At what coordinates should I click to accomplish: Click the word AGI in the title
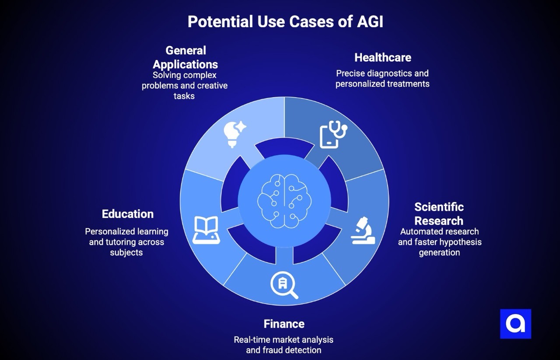point(369,21)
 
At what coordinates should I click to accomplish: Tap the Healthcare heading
point(382,57)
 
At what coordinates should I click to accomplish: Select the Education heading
point(128,214)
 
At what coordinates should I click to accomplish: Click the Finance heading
point(284,324)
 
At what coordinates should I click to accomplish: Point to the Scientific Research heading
point(439,213)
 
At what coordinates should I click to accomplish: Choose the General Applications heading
point(185,57)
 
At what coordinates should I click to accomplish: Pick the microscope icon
point(363,231)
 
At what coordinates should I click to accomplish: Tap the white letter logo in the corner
point(515,324)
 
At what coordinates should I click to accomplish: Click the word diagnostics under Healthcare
point(389,73)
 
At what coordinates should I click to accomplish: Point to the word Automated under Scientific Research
point(420,231)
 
